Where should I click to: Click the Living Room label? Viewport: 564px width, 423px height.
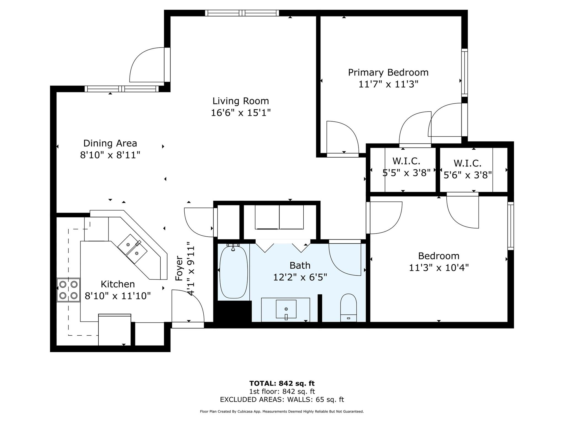[x=241, y=101]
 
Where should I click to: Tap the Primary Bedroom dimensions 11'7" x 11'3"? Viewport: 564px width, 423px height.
[x=388, y=84]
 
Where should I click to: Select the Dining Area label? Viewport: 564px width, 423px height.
[x=110, y=143]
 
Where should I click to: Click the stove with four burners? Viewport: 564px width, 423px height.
[x=68, y=290]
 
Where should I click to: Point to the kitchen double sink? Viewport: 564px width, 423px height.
[x=133, y=249]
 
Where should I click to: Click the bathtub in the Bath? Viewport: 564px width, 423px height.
[x=234, y=272]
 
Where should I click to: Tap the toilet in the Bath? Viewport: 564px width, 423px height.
[x=349, y=308]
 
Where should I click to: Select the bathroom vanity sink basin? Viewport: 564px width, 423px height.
[x=286, y=309]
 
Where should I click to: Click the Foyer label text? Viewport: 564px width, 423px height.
[x=179, y=268]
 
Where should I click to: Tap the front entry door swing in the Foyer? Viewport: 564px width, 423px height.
[x=188, y=306]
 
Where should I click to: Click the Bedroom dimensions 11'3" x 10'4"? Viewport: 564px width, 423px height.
[x=439, y=268]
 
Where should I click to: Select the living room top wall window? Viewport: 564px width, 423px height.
[x=242, y=13]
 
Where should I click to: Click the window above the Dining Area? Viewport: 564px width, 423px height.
[x=122, y=89]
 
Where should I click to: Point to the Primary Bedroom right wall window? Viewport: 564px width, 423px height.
[x=465, y=72]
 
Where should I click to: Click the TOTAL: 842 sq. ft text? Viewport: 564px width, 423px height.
[x=282, y=383]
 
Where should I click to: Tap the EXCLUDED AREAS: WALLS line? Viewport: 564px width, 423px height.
[x=282, y=399]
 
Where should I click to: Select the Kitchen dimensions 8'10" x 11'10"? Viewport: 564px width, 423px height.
[x=118, y=296]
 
